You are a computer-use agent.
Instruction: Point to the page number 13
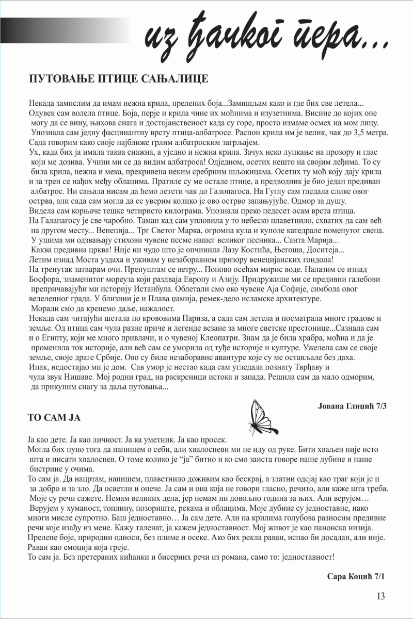[381, 596]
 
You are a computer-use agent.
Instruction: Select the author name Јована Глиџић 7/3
[353, 406]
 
